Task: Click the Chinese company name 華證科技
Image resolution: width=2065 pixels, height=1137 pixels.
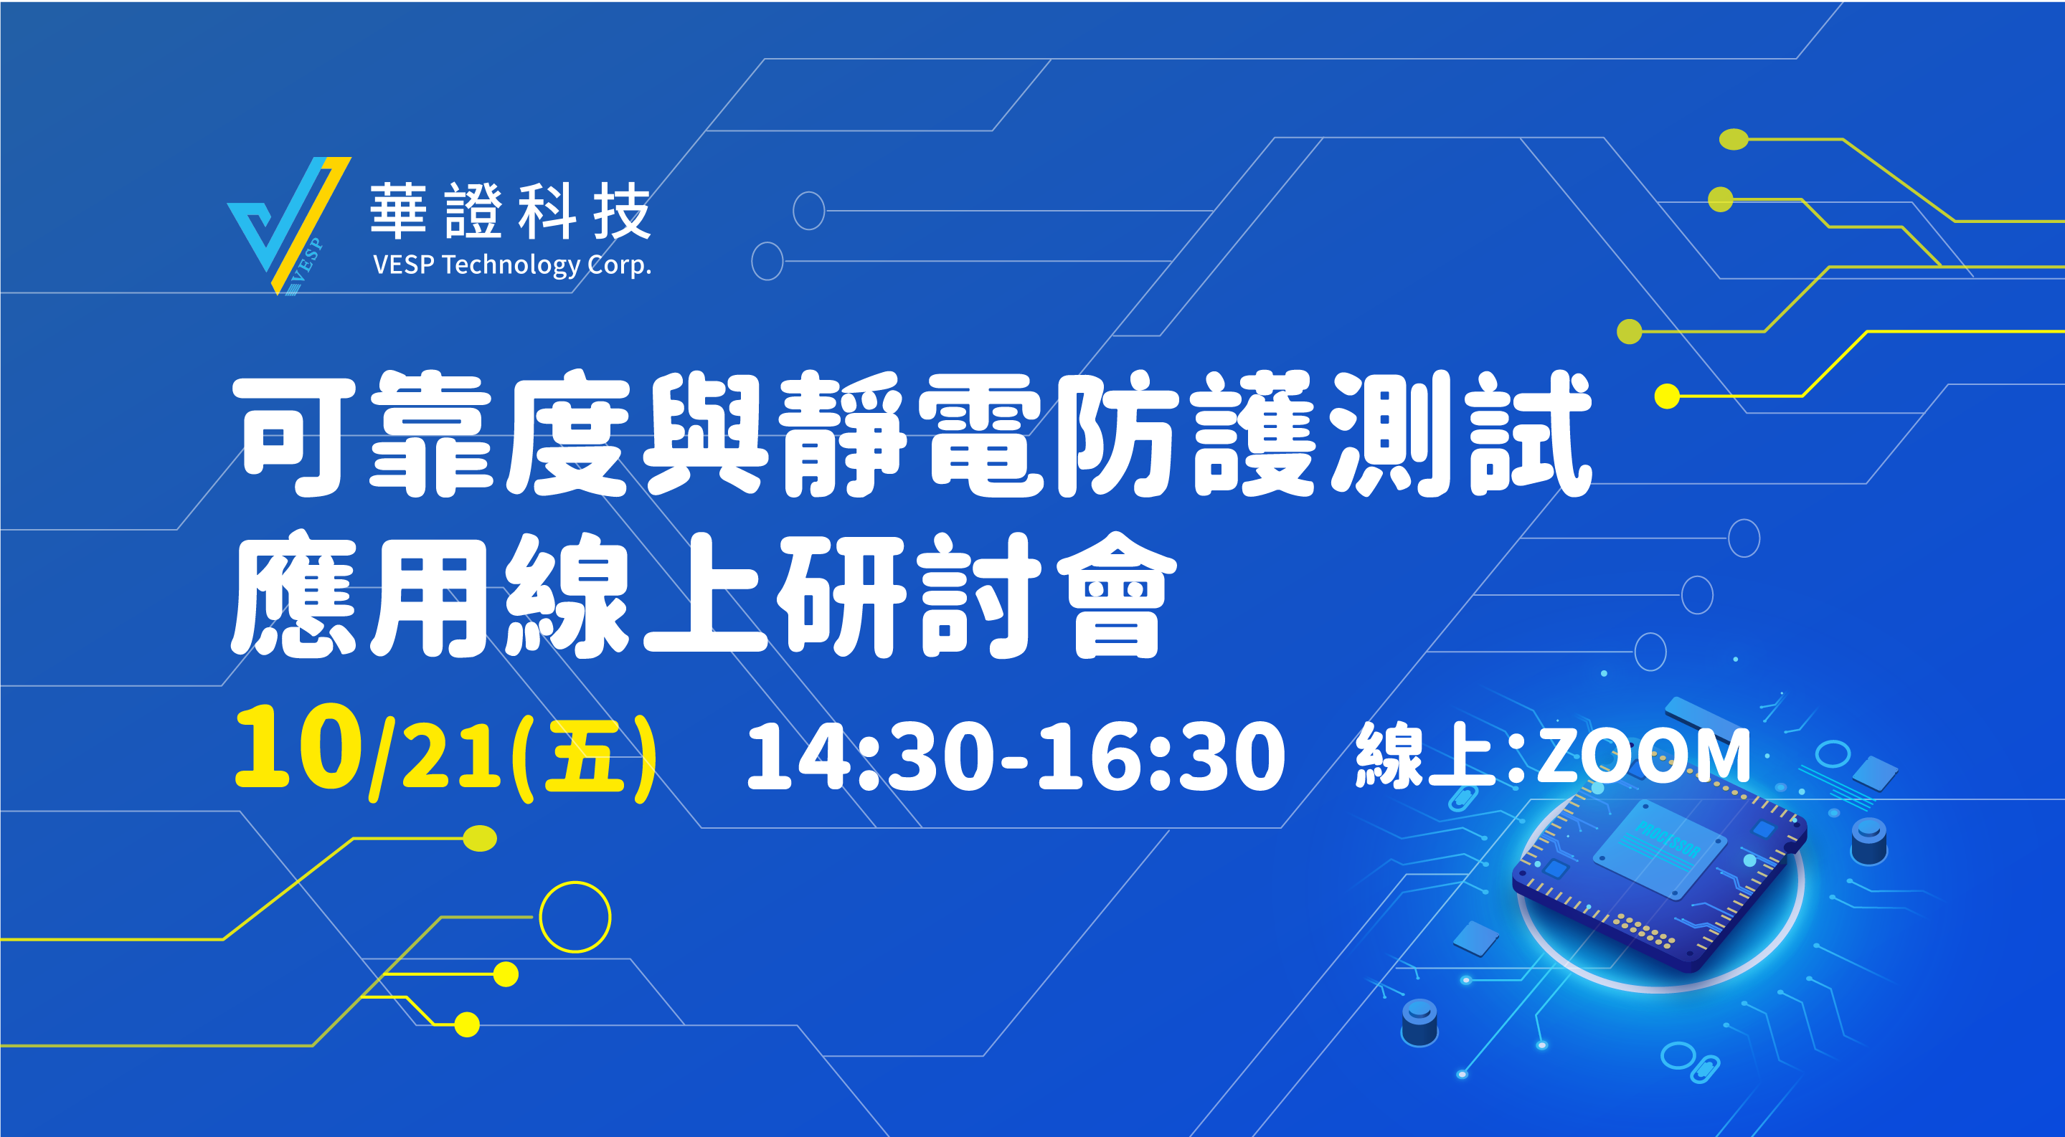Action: [511, 211]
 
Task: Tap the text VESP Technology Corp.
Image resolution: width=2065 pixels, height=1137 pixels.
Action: [512, 265]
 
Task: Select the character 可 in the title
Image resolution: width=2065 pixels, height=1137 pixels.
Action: [295, 434]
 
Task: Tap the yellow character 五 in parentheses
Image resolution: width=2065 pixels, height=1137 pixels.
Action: [584, 756]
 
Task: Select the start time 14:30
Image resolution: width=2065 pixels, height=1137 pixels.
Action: [871, 756]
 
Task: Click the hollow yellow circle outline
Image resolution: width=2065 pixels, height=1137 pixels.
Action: [575, 883]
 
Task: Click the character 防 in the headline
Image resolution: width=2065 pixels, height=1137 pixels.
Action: [1118, 434]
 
